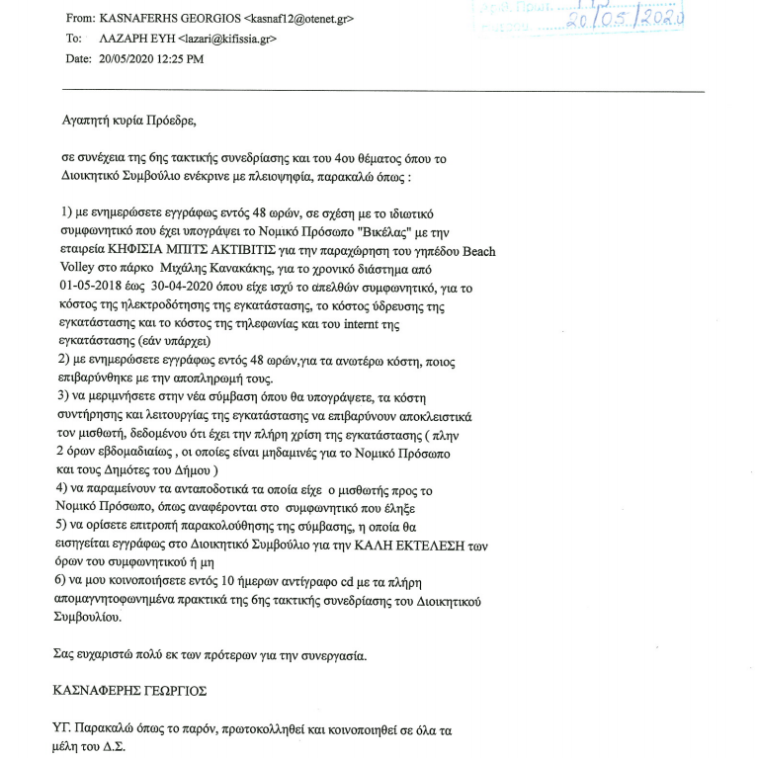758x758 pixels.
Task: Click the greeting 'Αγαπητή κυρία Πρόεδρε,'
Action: click(128, 123)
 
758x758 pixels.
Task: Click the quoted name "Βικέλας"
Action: click(436, 232)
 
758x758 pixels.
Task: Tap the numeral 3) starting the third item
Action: click(66, 395)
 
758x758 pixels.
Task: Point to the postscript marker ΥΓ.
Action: click(62, 730)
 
